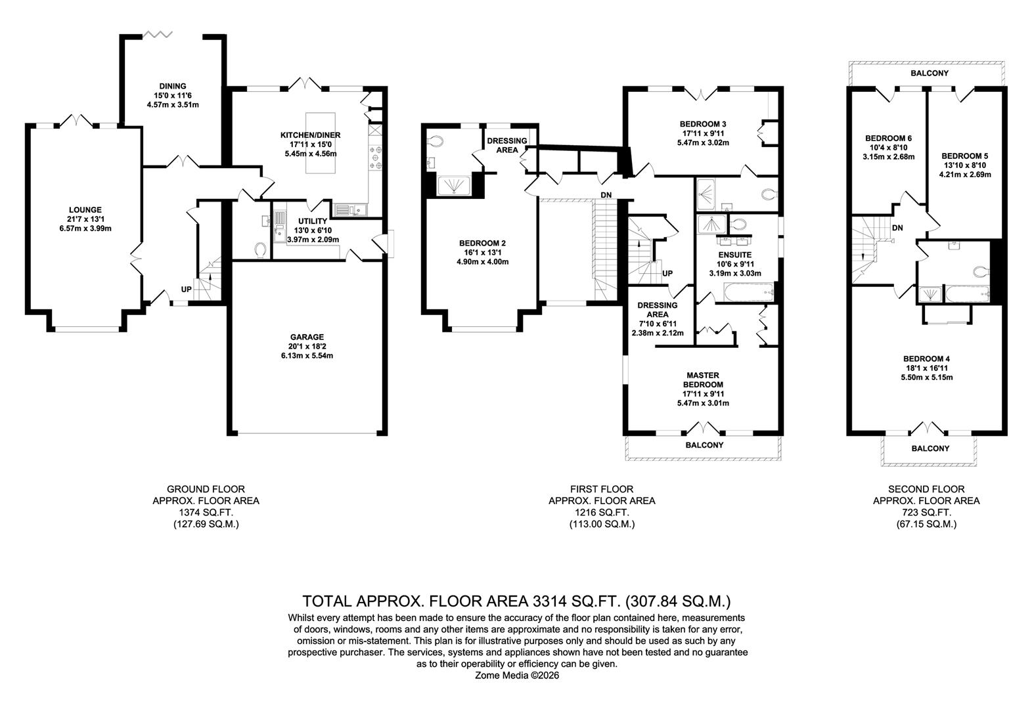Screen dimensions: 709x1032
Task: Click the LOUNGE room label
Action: pos(83,210)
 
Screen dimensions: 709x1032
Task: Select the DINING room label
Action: pos(173,86)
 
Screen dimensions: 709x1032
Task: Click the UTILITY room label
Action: pos(313,221)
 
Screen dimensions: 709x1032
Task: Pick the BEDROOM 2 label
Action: pos(482,243)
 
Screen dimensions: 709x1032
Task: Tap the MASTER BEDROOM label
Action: pos(703,380)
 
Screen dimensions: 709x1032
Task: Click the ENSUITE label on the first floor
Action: pos(735,255)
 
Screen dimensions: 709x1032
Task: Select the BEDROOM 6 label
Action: pos(888,139)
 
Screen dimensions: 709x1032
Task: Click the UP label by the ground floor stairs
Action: pos(187,290)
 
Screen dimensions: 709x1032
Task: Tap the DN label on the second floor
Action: pos(897,228)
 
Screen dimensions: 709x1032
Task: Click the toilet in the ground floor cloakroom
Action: pos(261,249)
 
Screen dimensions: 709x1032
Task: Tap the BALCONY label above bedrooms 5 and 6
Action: pos(926,73)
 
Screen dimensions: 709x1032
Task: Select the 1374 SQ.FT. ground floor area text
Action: pos(206,512)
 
